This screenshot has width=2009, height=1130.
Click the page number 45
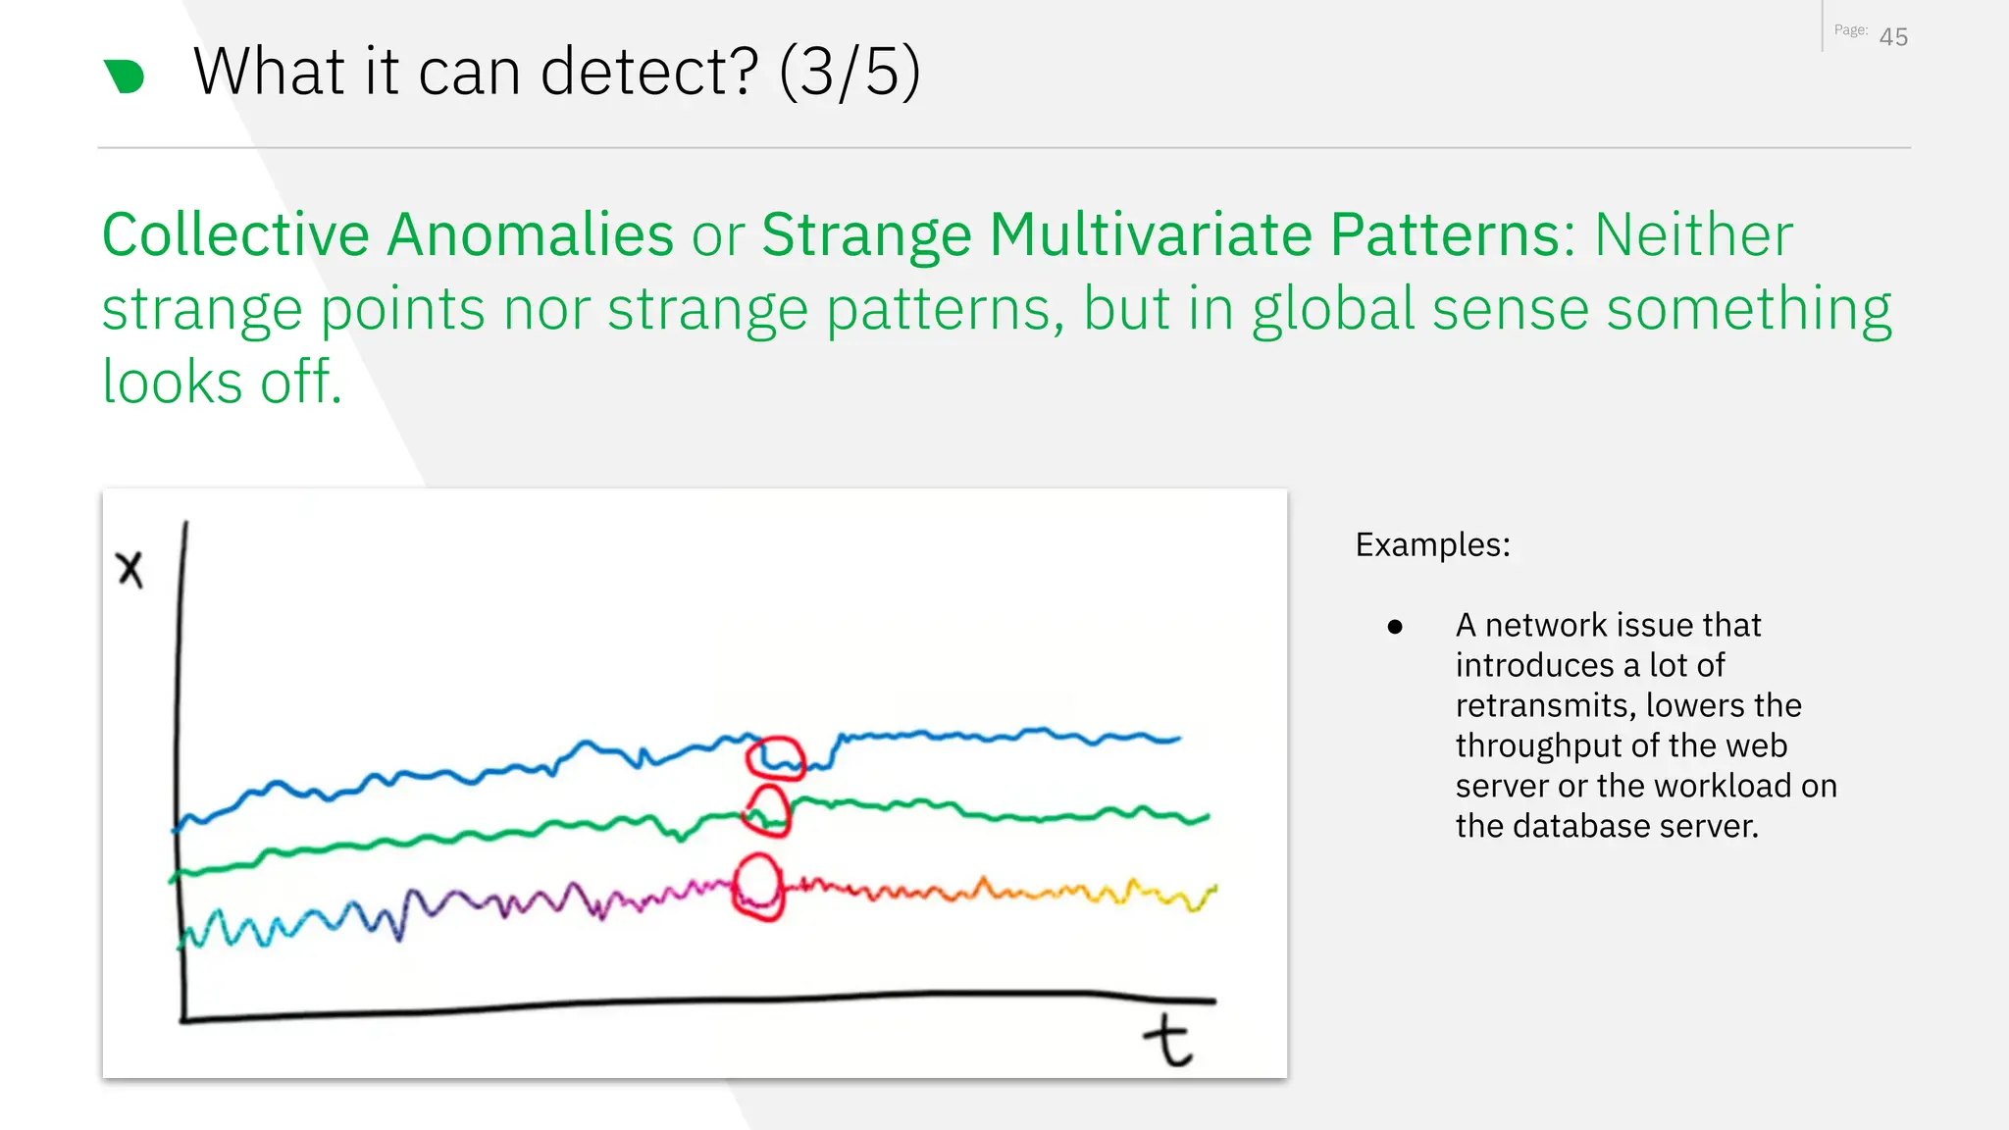point(1893,37)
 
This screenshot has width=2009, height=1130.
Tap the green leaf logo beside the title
point(125,77)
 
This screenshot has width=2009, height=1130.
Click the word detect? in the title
point(649,72)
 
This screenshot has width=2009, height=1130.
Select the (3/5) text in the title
point(850,72)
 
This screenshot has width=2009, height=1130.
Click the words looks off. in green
point(222,382)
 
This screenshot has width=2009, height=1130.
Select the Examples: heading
point(1432,544)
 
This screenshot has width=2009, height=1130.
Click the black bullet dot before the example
point(1395,627)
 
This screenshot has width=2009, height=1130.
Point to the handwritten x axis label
point(129,569)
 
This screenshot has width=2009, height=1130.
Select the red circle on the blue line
point(775,758)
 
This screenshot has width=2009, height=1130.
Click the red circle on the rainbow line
point(757,887)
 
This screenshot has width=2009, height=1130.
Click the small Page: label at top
point(1850,30)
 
